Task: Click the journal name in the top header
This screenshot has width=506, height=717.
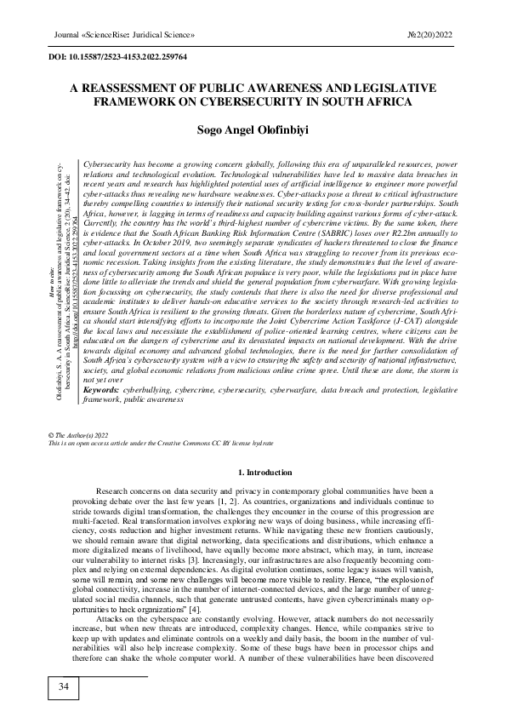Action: pyautogui.click(x=119, y=35)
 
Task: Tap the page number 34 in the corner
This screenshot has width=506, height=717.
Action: pyautogui.click(x=63, y=687)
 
